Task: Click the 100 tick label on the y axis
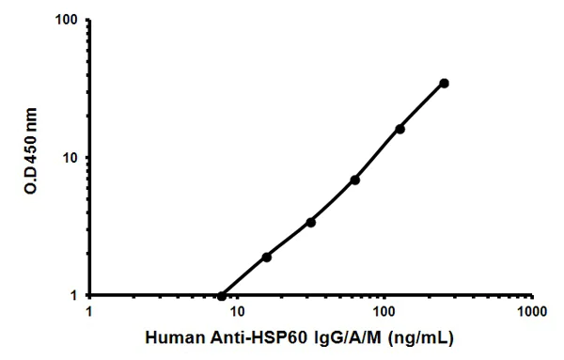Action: pyautogui.click(x=66, y=21)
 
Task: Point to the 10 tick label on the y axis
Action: pyautogui.click(x=70, y=158)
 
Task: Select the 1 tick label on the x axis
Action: pyautogui.click(x=89, y=310)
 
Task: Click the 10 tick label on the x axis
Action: pyautogui.click(x=236, y=310)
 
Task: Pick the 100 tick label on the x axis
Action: pyautogui.click(x=384, y=310)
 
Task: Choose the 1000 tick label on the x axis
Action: pyautogui.click(x=531, y=310)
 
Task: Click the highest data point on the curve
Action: pyautogui.click(x=444, y=83)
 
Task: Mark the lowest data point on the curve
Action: pyautogui.click(x=222, y=295)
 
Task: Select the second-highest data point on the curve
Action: pyautogui.click(x=399, y=128)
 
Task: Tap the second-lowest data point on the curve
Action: pyautogui.click(x=266, y=257)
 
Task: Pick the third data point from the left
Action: pyautogui.click(x=310, y=222)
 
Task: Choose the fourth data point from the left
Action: pyautogui.click(x=354, y=180)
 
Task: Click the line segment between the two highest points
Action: pyautogui.click(x=422, y=105)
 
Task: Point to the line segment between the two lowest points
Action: pyautogui.click(x=244, y=275)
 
